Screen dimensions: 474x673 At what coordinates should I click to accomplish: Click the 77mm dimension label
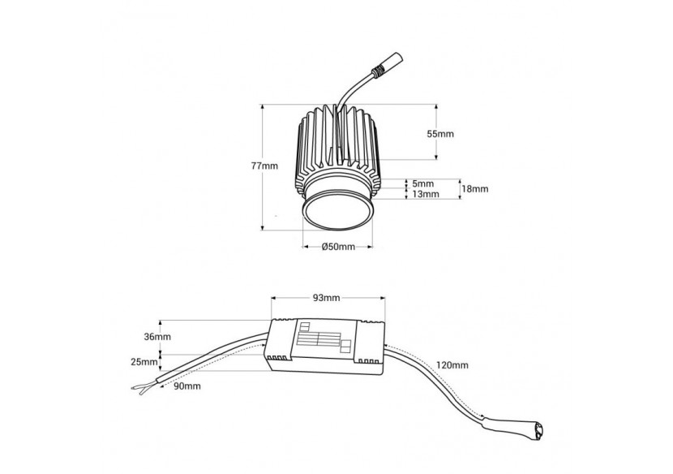click(264, 166)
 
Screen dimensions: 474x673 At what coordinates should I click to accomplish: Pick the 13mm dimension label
click(425, 194)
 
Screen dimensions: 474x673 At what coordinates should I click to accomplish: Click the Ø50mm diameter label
click(338, 246)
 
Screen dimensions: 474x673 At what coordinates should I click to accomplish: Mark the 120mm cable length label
click(452, 365)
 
